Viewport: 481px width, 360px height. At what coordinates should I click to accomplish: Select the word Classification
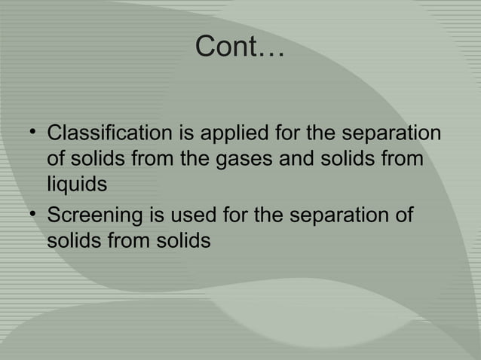pos(111,136)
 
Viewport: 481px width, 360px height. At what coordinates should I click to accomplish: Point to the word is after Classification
pos(187,136)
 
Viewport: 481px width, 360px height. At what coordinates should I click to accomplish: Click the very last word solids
pos(180,241)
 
